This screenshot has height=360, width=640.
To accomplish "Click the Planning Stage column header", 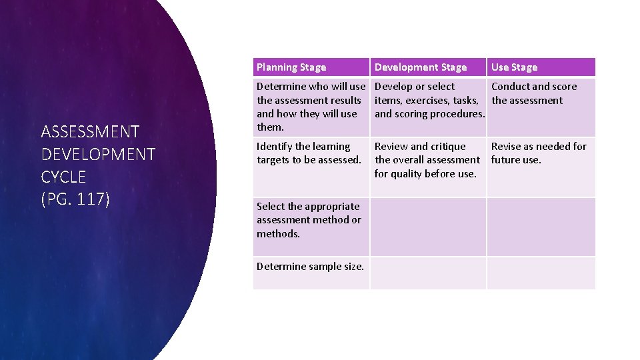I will [291, 67].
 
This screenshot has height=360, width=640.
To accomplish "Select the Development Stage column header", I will [421, 67].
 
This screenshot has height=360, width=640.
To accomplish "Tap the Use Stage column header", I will [514, 67].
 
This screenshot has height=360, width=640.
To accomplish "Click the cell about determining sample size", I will [311, 267].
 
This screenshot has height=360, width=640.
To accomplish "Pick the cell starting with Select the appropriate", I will [309, 220].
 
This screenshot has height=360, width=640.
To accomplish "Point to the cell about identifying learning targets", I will [309, 153].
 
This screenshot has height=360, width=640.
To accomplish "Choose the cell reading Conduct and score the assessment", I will [534, 93].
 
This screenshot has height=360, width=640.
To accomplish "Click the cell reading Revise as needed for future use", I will [539, 153].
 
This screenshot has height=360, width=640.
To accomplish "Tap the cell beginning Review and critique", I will [427, 160].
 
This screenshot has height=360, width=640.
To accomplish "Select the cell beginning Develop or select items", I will [429, 100].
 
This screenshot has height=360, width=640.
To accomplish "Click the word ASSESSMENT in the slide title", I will [90, 132].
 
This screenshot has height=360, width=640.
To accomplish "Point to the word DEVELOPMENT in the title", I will [98, 155].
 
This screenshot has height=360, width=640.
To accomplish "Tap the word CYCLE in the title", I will [64, 177].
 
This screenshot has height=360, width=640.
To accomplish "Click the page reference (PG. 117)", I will [75, 199].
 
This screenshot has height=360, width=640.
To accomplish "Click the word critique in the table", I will [448, 147].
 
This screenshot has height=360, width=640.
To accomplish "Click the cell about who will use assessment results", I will [311, 107].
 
